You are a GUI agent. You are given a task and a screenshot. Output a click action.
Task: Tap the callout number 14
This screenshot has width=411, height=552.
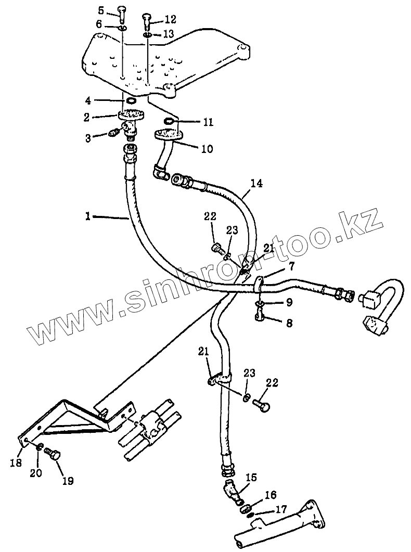pos(256,183)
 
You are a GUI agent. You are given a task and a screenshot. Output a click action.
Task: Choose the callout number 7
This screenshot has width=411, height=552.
pos(292,267)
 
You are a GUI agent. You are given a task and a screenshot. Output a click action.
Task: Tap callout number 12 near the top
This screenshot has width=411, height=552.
pos(170,19)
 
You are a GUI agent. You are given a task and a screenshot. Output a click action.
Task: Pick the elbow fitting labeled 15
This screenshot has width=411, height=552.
pos(232,491)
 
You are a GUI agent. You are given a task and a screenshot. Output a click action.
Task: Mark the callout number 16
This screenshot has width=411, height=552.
pos(271,494)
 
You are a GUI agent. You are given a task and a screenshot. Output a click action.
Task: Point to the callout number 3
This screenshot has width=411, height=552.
pos(89,138)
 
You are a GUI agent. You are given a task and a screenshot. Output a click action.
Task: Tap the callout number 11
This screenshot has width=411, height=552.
pos(208,123)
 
